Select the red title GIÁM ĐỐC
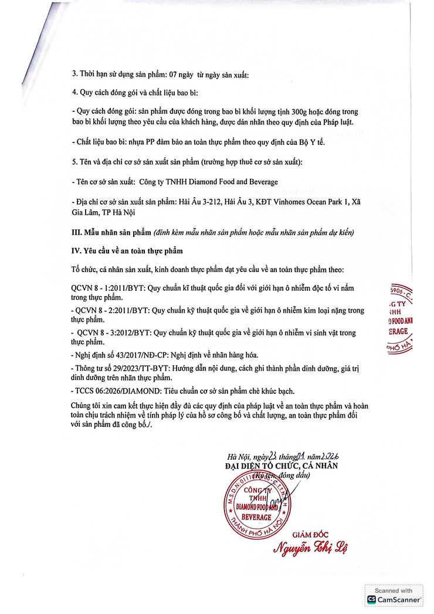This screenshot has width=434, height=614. [x=311, y=533]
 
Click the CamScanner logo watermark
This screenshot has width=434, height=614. [x=394, y=599]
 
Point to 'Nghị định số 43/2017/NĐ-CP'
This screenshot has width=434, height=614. [x=118, y=355]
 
